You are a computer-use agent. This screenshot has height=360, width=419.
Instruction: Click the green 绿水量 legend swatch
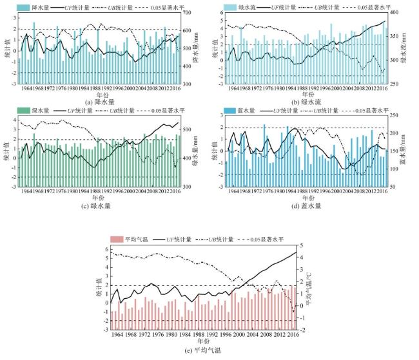pyautogui.click(x=23, y=111)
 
